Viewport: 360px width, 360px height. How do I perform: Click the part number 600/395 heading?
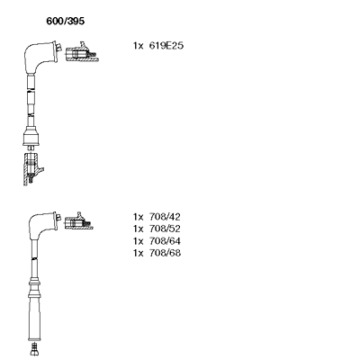click(x=66, y=21)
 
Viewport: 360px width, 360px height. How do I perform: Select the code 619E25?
click(x=166, y=46)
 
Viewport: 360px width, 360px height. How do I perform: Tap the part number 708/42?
click(x=165, y=217)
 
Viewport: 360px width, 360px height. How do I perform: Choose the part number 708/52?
click(x=165, y=229)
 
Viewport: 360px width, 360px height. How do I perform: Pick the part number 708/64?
click(x=165, y=241)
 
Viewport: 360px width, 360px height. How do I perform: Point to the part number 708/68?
click(x=165, y=253)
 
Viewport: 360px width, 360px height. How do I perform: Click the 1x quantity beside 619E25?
click(x=138, y=46)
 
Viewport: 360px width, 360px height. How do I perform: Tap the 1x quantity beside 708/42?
click(x=138, y=217)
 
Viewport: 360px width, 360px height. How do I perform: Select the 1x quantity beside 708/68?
click(x=138, y=253)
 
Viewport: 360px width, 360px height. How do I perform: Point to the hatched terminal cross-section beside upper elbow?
click(x=82, y=52)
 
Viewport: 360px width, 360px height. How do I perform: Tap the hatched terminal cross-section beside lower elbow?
click(x=78, y=221)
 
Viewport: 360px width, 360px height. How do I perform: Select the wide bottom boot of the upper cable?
click(x=31, y=137)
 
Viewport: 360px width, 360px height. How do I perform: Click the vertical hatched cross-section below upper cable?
click(x=31, y=169)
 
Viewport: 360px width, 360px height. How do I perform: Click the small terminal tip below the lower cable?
click(x=34, y=349)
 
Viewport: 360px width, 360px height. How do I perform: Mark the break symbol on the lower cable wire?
click(x=34, y=257)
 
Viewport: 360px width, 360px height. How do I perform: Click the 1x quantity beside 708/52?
click(x=138, y=229)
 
